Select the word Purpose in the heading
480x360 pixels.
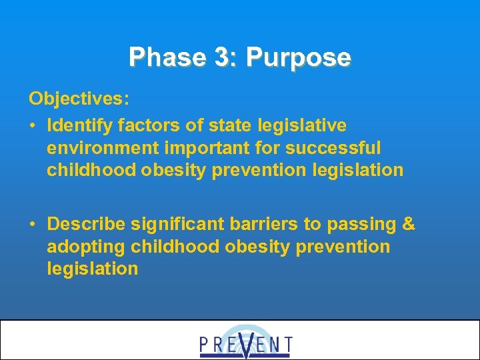pos(298,58)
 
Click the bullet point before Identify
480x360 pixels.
pos(33,125)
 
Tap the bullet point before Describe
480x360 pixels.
pos(33,224)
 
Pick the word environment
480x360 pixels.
pos(99,147)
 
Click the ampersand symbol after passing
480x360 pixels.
pos(409,224)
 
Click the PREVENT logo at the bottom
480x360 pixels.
pos(245,342)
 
